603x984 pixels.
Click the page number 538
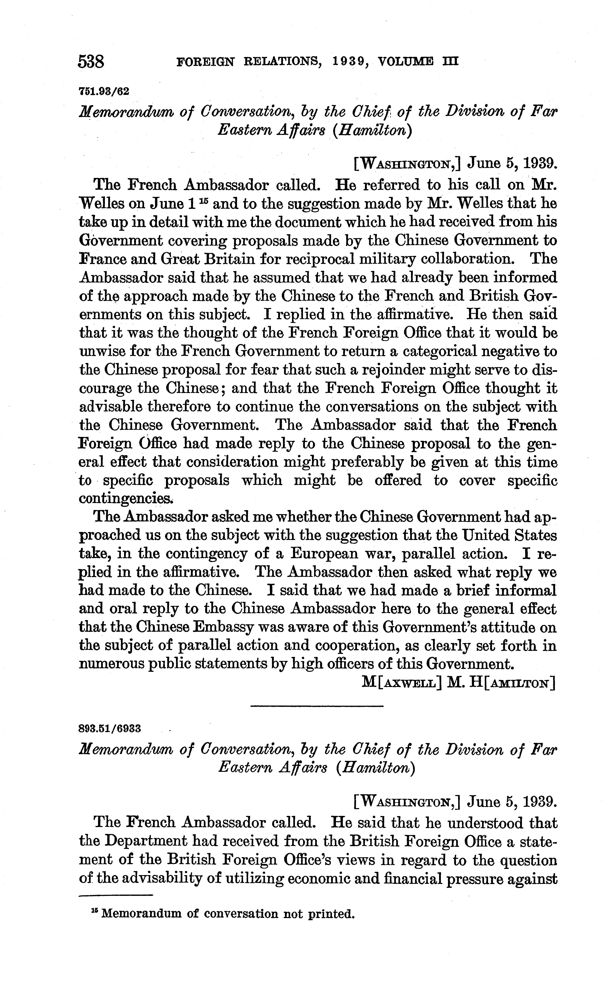tap(91, 62)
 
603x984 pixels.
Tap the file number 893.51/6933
tap(110, 728)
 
